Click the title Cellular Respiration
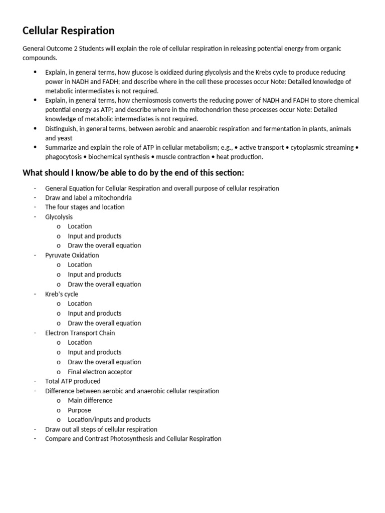pyautogui.click(x=69, y=31)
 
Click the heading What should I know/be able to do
pyautogui.click(x=133, y=173)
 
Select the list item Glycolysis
pyautogui.click(x=59, y=217)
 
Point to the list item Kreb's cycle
pyautogui.click(x=62, y=294)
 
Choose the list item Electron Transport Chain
pyautogui.click(x=80, y=333)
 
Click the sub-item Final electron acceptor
pyautogui.click(x=100, y=372)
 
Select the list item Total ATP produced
pyautogui.click(x=73, y=381)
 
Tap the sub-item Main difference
pyautogui.click(x=90, y=400)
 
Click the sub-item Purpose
pyautogui.click(x=79, y=410)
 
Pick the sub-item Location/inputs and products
pyautogui.click(x=109, y=420)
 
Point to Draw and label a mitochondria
pyautogui.click(x=88, y=198)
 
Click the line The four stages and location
pyautogui.click(x=85, y=207)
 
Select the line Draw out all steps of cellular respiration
pyautogui.click(x=101, y=429)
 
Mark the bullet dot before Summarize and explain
pyautogui.click(x=35, y=147)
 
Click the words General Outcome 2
pyautogui.click(x=48, y=49)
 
